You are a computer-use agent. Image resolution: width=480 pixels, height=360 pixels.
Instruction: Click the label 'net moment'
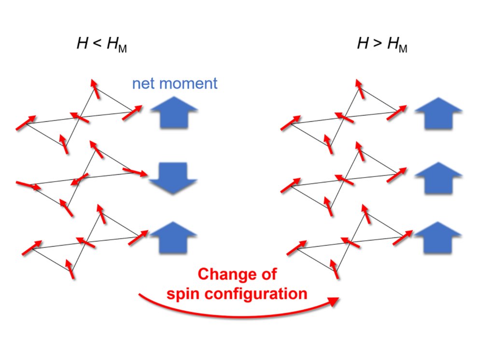tap(175, 83)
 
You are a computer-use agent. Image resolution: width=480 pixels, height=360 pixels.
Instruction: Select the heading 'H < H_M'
tap(101, 45)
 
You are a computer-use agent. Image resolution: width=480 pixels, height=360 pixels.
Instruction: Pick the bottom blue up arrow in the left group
tap(173, 236)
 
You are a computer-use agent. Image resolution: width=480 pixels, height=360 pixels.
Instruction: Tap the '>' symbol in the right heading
tap(377, 45)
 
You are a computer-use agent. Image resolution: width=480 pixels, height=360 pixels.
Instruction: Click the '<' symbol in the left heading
tap(97, 45)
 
